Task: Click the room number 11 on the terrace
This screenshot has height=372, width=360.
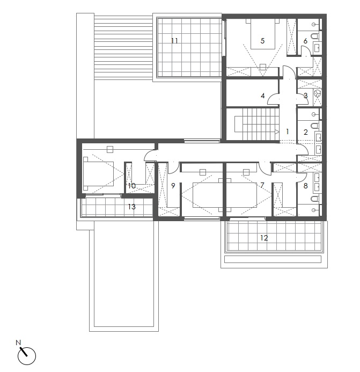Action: pyautogui.click(x=174, y=41)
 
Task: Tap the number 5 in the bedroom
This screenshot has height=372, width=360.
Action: pyautogui.click(x=262, y=41)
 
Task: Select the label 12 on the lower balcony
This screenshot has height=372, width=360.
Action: pyautogui.click(x=264, y=238)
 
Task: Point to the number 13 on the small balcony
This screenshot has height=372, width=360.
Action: pyautogui.click(x=131, y=207)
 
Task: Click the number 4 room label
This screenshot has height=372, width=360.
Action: pyautogui.click(x=262, y=96)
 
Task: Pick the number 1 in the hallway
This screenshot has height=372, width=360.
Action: pyautogui.click(x=288, y=132)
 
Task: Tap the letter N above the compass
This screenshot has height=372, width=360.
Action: pyautogui.click(x=18, y=342)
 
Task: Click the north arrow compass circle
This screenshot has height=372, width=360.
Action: pyautogui.click(x=27, y=356)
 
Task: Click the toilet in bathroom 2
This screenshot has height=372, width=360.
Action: pyautogui.click(x=315, y=125)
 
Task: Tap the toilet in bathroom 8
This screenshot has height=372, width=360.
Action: pyautogui.click(x=315, y=198)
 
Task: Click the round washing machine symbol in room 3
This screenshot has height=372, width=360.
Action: pyautogui.click(x=317, y=93)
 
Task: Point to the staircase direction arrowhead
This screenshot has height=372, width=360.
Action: pyautogui.click(x=277, y=132)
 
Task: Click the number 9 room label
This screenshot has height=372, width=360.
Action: pyautogui.click(x=173, y=186)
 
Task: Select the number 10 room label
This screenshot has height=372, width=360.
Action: pyautogui.click(x=131, y=186)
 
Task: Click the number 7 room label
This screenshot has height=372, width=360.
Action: pyautogui.click(x=262, y=185)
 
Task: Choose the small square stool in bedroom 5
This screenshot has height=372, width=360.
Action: pyautogui.click(x=262, y=67)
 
